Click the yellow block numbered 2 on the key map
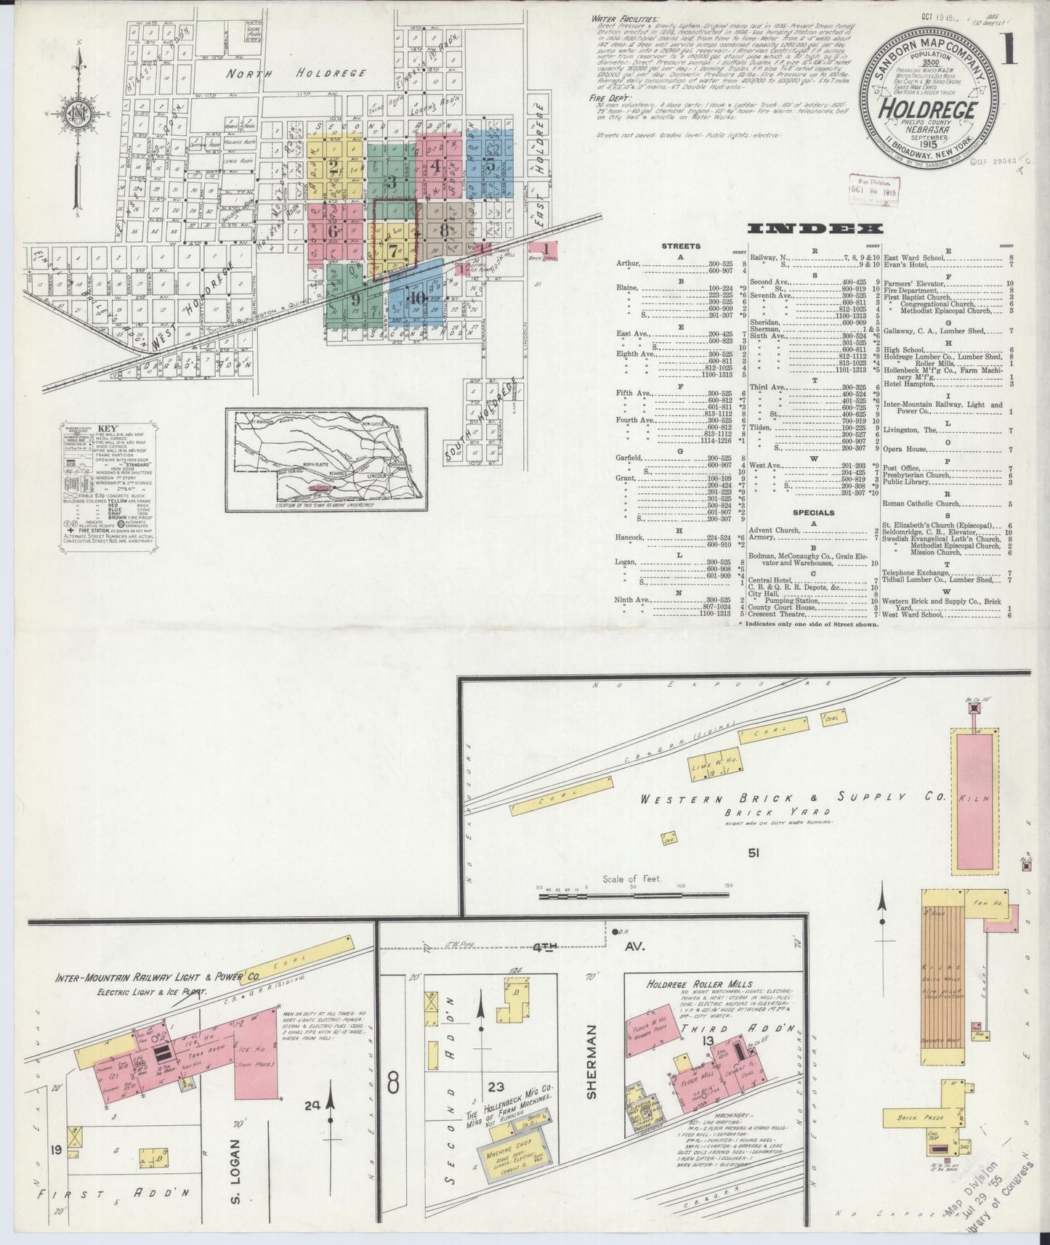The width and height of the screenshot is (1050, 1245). tap(334, 167)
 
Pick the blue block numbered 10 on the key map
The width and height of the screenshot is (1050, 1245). tap(416, 296)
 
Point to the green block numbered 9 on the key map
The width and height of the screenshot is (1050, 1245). tap(355, 298)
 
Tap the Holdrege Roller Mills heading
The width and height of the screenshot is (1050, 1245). tap(699, 984)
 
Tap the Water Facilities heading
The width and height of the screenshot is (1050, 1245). tap(626, 18)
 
